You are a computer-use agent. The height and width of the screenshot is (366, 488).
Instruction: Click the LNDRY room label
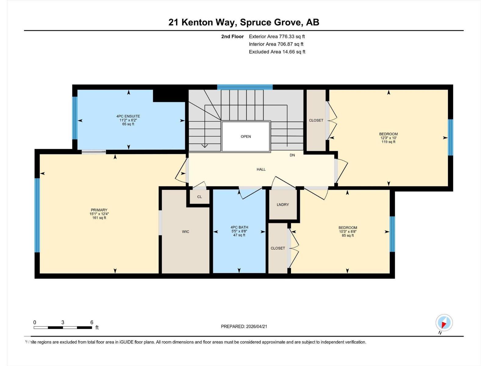[x=283, y=205]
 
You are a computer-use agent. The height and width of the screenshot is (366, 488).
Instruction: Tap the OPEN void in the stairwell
[x=246, y=136]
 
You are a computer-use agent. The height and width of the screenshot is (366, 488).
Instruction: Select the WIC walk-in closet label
[x=185, y=232]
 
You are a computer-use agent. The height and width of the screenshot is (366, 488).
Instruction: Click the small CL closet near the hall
[x=199, y=197]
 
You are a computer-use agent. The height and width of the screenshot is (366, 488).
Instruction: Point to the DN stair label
[x=292, y=155]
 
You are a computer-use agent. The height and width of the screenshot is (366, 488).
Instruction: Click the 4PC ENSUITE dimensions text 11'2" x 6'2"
[x=128, y=120]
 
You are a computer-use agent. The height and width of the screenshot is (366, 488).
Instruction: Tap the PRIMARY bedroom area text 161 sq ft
[x=99, y=218]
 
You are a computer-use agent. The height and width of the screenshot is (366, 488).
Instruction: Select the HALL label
[x=261, y=169]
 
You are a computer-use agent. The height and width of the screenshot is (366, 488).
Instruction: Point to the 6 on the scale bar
[x=91, y=322]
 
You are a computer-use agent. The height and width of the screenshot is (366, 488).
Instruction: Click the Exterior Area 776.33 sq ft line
[x=277, y=37]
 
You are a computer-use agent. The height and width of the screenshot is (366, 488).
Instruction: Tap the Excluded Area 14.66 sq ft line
[x=277, y=52]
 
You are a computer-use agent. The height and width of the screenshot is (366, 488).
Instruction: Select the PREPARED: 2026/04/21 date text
[x=244, y=326]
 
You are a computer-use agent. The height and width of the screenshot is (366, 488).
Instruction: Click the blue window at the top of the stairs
[x=245, y=87]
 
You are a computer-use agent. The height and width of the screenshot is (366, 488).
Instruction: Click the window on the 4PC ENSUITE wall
[x=75, y=118]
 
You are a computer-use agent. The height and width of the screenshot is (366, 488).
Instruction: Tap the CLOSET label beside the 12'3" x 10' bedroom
[x=316, y=120]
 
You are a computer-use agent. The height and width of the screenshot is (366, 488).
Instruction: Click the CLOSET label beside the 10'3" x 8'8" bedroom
[x=278, y=248]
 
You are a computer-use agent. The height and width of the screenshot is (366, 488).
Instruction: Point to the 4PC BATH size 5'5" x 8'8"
[x=239, y=231]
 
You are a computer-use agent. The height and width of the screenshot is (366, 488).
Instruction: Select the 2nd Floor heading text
[x=232, y=37]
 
